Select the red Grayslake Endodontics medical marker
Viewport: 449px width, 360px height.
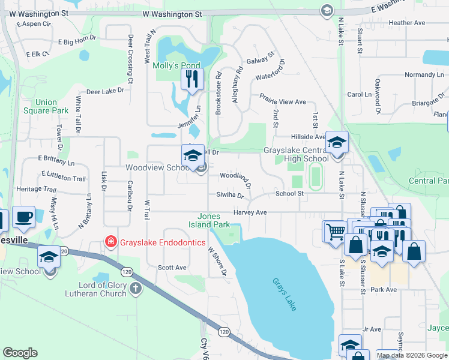pyautogui.click(x=110, y=242)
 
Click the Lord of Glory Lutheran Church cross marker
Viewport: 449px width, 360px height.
pyautogui.click(x=136, y=289)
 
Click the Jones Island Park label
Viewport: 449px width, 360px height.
pyautogui.click(x=214, y=220)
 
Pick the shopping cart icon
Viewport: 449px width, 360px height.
pyautogui.click(x=336, y=231)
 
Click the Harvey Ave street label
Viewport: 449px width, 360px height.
pyautogui.click(x=250, y=212)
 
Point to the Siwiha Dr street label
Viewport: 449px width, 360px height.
pyautogui.click(x=231, y=195)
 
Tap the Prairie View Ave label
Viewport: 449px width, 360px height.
pyautogui.click(x=283, y=99)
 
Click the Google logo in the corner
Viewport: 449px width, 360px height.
pyautogui.click(x=20, y=353)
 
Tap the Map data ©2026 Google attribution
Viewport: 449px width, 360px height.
pyautogui.click(x=411, y=355)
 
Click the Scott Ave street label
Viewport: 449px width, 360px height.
pyautogui.click(x=172, y=268)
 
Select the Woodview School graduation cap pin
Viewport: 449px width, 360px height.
pyautogui.click(x=193, y=156)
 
